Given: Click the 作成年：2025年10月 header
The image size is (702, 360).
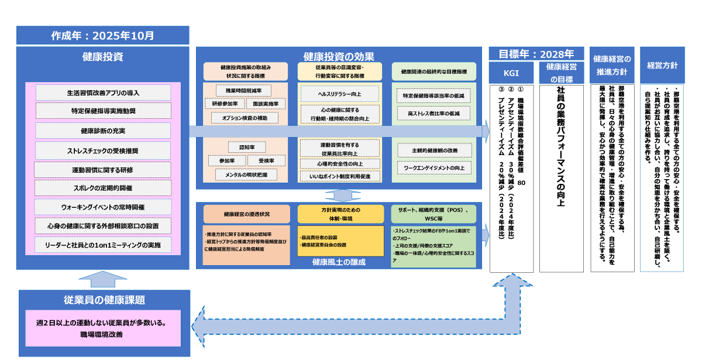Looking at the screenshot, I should click(x=103, y=35).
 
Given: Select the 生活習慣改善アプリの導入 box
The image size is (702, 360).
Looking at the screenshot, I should click(x=103, y=92).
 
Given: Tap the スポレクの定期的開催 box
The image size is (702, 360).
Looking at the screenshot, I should click(x=103, y=188).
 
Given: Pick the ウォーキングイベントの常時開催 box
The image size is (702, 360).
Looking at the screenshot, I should click(x=103, y=207).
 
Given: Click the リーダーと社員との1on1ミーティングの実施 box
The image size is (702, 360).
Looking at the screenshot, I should click(x=103, y=244).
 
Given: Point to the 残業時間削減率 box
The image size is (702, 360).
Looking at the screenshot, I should click(x=243, y=91).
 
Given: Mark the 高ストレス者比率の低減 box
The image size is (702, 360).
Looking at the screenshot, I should click(x=433, y=112).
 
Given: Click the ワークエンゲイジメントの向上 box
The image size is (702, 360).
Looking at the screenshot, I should click(x=433, y=167).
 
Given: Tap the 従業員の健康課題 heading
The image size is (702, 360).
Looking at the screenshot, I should click(x=104, y=300).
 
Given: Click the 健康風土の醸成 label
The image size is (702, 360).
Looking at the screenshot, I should click(x=339, y=262).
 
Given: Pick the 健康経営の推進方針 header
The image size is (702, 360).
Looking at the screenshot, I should click(x=612, y=65).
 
